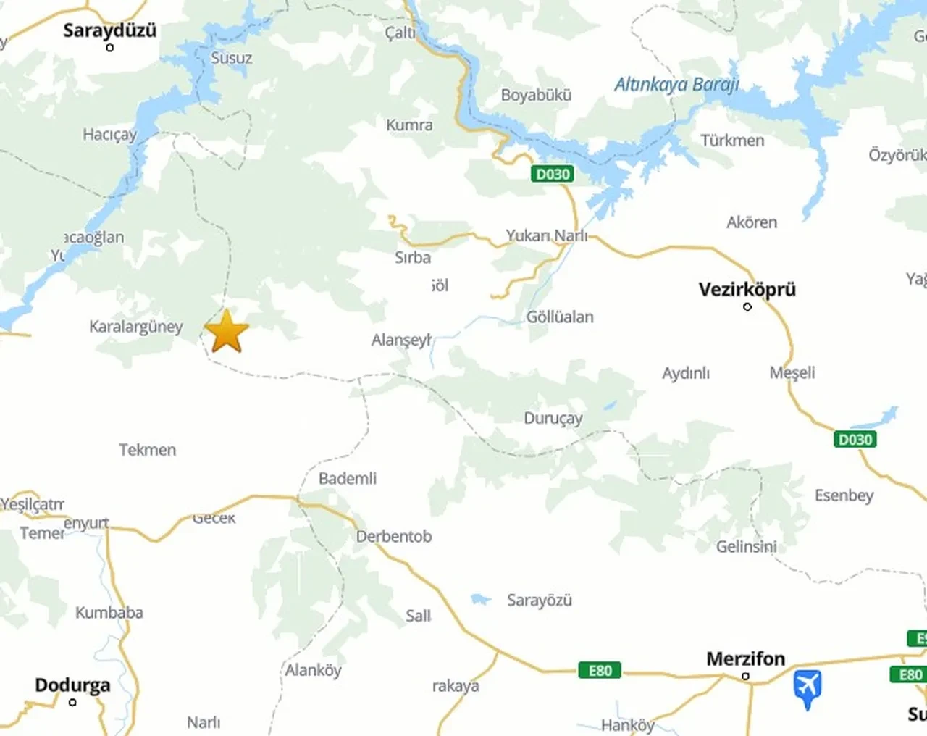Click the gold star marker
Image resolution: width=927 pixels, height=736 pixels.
point(227,332)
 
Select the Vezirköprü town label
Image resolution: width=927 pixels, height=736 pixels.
point(747,289)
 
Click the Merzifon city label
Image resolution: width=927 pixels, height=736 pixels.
point(745,658)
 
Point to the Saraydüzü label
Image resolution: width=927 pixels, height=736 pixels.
point(109,30)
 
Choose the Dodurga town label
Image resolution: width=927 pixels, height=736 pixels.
point(72,685)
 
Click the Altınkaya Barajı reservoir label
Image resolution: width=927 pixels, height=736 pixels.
point(676,85)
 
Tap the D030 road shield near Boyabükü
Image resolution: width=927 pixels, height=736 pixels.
point(553,174)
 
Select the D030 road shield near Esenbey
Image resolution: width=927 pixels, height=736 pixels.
point(855,439)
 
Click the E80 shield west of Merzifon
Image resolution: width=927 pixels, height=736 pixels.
point(600,670)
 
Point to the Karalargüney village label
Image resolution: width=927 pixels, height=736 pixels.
point(135,327)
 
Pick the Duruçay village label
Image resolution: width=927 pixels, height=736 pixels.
point(553,419)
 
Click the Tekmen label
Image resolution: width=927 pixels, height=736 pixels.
point(147,450)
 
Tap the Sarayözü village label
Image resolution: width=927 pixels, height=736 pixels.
point(539,600)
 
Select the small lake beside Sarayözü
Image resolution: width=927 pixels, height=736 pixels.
point(479,599)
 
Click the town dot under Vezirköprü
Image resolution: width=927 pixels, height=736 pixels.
point(747,307)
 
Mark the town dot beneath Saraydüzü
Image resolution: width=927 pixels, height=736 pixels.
point(110,48)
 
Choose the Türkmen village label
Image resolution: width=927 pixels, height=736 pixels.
point(731,141)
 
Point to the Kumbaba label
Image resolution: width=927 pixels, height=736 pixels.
point(109,613)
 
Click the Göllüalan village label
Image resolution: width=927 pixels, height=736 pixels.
point(559,317)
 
